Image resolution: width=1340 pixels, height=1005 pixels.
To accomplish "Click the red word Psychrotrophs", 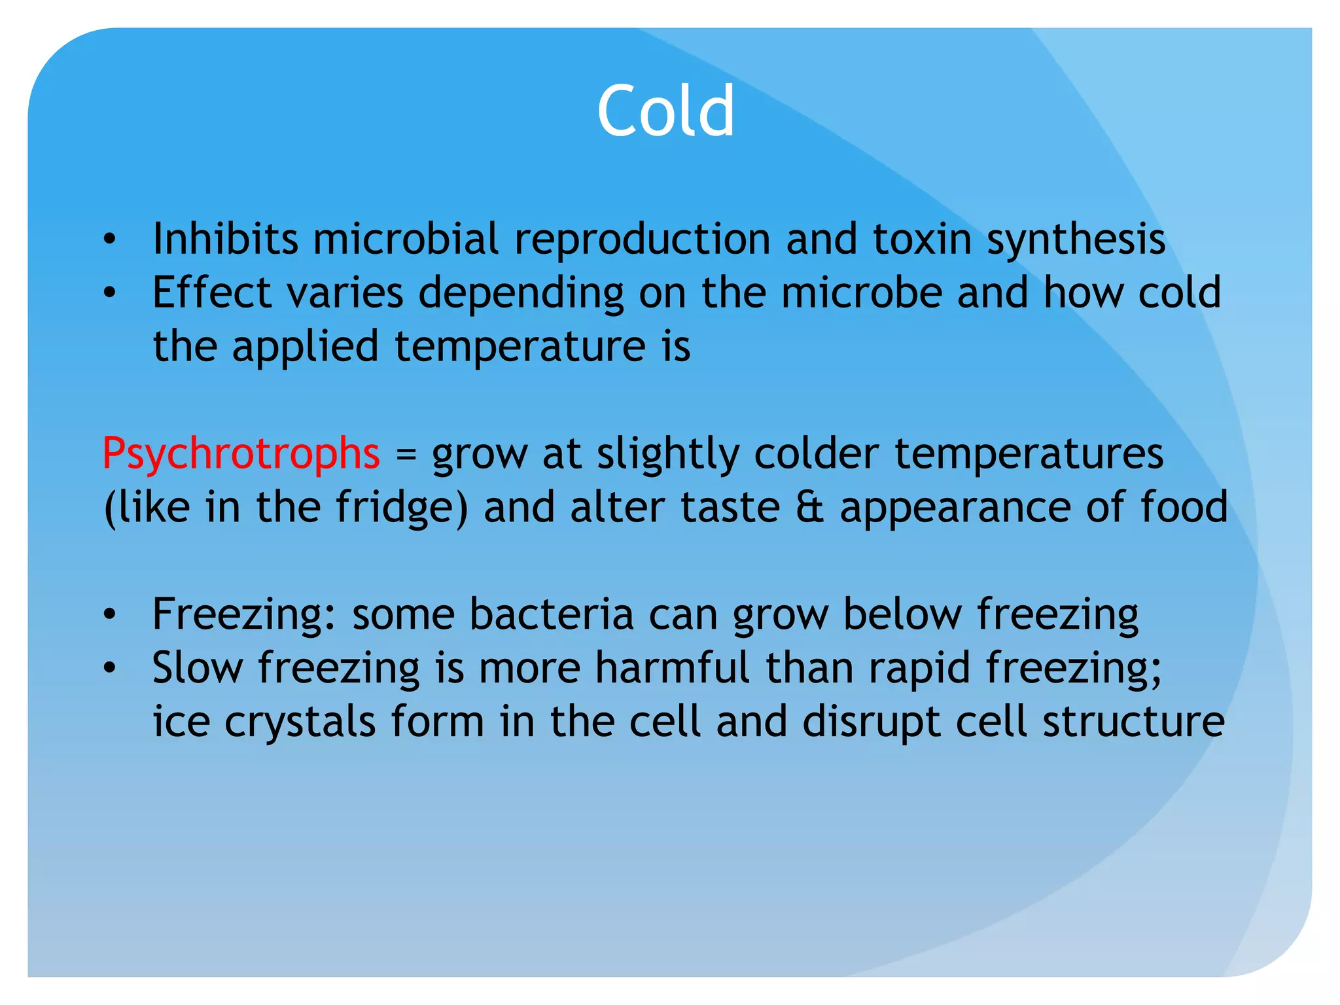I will (x=241, y=453).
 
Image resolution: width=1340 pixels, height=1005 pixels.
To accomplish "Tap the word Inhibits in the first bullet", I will (x=225, y=239).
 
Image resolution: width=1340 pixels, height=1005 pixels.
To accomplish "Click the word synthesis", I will (x=1076, y=240).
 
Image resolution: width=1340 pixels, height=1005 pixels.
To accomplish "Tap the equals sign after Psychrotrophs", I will (x=406, y=455).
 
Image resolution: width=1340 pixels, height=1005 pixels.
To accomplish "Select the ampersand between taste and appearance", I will (x=810, y=508).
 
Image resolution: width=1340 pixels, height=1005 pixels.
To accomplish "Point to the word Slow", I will (x=198, y=668).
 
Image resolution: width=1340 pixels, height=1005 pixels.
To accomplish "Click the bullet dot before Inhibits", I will (x=109, y=240).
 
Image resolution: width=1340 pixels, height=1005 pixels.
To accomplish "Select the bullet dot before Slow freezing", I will (x=109, y=669).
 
